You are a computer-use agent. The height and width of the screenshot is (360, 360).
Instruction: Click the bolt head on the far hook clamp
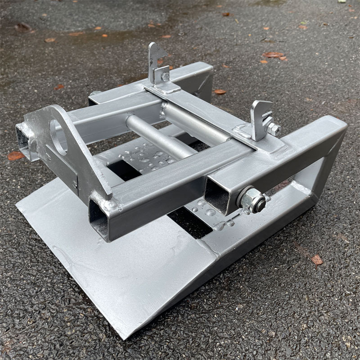[166, 76]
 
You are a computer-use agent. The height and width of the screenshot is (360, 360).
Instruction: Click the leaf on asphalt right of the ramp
[317, 260]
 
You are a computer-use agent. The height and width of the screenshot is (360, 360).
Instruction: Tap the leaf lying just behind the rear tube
[220, 92]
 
